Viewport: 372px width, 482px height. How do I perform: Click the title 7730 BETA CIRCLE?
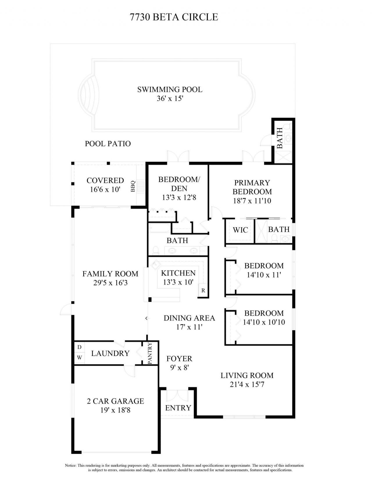(x=174, y=17)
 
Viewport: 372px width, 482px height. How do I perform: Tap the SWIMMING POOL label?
(x=170, y=89)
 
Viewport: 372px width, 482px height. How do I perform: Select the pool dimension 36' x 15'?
(x=170, y=99)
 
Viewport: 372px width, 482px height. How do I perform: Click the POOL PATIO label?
(x=108, y=144)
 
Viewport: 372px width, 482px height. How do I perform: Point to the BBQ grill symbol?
(x=141, y=186)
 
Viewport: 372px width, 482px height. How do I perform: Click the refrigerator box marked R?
(x=203, y=290)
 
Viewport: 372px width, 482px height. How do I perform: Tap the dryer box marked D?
(x=79, y=347)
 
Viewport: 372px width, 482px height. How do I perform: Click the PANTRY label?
(x=150, y=353)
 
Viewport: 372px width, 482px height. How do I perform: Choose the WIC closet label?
(x=240, y=230)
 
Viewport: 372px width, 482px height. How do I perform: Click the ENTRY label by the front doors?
(x=178, y=408)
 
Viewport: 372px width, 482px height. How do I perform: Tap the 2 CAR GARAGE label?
(x=115, y=401)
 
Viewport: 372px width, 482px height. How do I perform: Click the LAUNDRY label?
(x=110, y=353)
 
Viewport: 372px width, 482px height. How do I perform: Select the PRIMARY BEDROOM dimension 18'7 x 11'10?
(x=252, y=201)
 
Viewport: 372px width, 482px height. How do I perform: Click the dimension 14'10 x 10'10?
(x=264, y=322)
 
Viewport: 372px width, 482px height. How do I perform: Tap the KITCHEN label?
(x=178, y=273)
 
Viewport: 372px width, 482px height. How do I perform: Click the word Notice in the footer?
(x=71, y=466)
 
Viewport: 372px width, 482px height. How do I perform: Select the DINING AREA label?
(x=189, y=318)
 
